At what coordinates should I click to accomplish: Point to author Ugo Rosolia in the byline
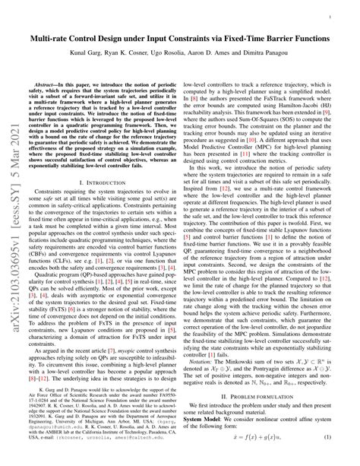(x=182, y=56)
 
